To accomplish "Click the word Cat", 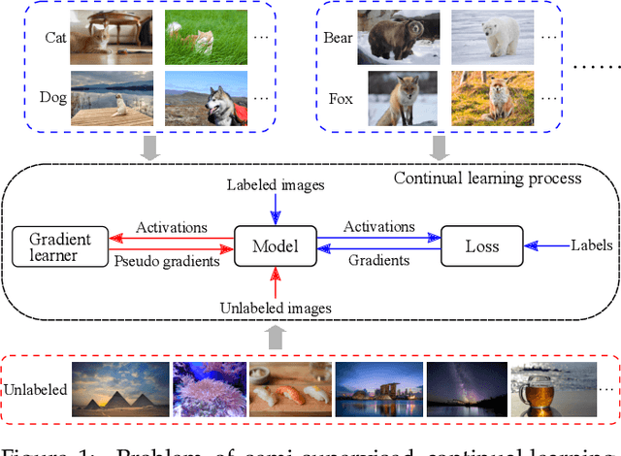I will coord(56,39).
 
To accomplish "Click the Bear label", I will coord(337,39).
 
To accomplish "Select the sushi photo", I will coord(288,388).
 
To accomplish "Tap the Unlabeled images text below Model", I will coord(277,308).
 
